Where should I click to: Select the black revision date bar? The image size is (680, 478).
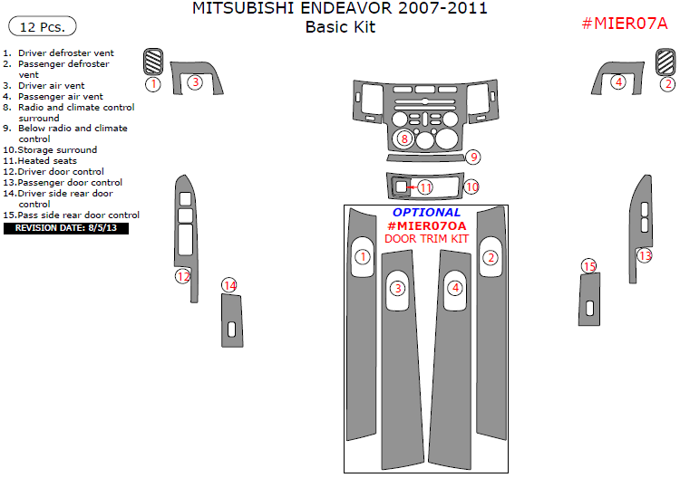click(67, 229)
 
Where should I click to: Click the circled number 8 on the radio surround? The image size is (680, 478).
click(404, 139)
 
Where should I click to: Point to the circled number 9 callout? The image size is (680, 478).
click(473, 158)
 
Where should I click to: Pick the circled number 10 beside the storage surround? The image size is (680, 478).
click(471, 186)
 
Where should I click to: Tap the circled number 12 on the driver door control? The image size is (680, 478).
click(183, 276)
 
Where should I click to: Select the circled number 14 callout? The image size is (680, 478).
click(229, 286)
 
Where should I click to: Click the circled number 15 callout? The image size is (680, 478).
click(590, 266)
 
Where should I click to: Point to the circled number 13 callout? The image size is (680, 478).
click(645, 256)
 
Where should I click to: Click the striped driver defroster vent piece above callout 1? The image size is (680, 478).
click(153, 62)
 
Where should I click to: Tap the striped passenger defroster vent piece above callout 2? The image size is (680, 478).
click(666, 62)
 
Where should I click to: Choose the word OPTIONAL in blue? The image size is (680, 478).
click(426, 213)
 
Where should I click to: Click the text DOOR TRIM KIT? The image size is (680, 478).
click(426, 239)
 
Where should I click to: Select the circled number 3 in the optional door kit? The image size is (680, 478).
click(397, 289)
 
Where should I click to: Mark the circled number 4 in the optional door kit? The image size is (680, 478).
click(456, 288)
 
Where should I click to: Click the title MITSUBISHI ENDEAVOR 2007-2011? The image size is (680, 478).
click(340, 10)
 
